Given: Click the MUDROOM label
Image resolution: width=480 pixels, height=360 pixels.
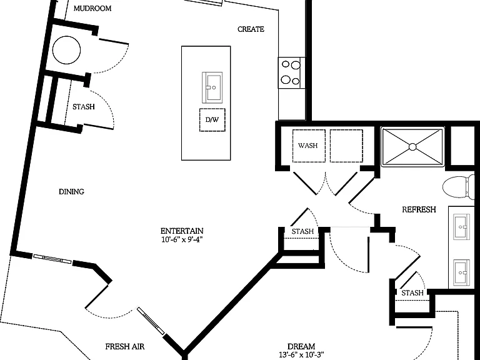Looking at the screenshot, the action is (92, 8).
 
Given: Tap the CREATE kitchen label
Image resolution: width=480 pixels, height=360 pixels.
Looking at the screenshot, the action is (251, 29).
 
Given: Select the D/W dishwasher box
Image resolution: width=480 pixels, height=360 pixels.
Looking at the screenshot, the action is (212, 120).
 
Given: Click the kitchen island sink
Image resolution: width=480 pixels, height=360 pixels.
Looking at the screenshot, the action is (212, 87).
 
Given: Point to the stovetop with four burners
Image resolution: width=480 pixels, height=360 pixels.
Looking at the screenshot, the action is (291, 72).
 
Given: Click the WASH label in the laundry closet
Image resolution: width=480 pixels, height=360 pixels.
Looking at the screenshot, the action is (307, 146).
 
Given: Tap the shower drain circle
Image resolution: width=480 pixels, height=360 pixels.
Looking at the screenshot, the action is (412, 147).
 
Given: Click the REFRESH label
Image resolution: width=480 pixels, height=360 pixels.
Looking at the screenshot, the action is (419, 210).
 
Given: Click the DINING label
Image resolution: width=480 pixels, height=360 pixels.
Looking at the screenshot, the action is (71, 192).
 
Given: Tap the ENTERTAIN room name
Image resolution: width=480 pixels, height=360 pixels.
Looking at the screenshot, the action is (182, 231).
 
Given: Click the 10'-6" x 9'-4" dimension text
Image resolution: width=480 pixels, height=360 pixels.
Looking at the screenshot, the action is (182, 239).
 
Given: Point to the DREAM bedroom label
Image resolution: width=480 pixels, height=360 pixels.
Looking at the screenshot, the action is (301, 346).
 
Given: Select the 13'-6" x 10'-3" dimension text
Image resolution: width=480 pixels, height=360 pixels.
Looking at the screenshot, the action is (301, 355).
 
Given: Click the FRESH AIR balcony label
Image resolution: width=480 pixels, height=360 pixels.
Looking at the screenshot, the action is (125, 346).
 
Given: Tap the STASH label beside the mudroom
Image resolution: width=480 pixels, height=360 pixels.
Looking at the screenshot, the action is (84, 107).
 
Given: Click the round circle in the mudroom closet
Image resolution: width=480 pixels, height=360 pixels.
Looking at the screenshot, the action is (66, 50).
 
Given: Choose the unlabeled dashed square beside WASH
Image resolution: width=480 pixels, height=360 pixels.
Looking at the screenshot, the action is (346, 146).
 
